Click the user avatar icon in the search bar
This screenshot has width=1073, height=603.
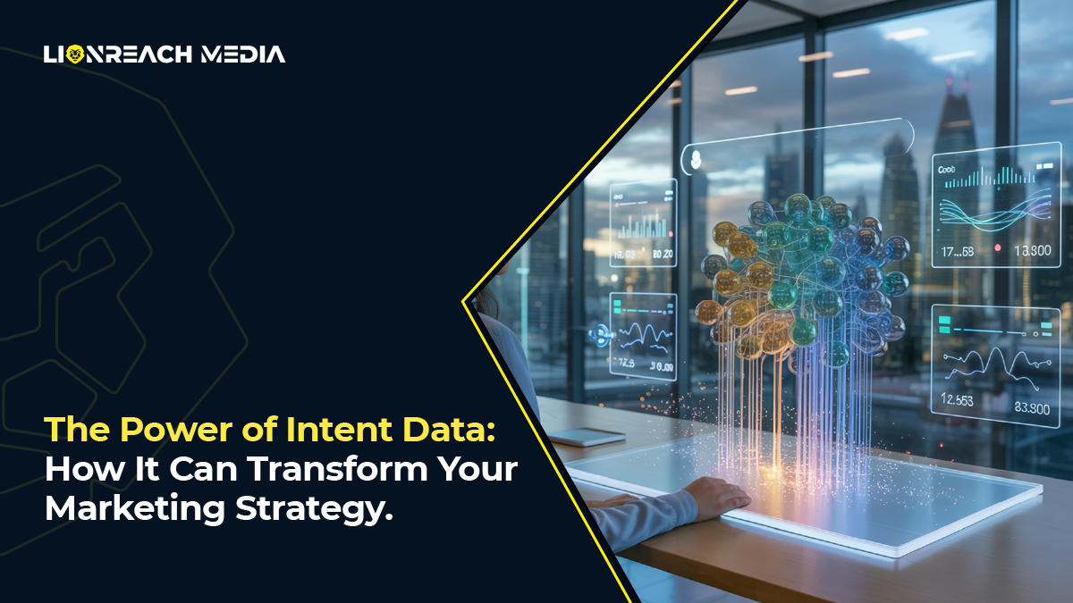click(693, 161)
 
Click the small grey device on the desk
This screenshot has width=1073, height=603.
click(586, 436)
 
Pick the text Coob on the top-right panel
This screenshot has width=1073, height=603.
click(947, 169)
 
